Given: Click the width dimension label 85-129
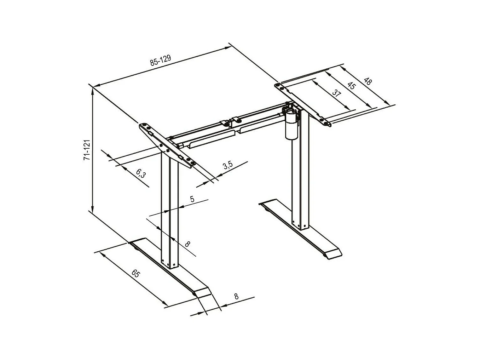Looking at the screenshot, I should tap(160, 61).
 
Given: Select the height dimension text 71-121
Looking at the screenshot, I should tap(87, 150).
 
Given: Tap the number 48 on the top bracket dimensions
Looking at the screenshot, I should tap(368, 82).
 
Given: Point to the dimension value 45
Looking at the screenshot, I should tap(351, 86).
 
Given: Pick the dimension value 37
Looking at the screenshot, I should tap(337, 93).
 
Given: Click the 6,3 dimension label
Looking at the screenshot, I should tap(140, 173).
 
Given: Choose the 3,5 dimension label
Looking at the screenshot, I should tap(227, 165).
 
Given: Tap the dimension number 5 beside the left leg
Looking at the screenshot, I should tap(192, 199).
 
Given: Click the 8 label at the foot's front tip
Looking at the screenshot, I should tap(236, 297).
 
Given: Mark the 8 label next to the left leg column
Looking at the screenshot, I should tap(187, 244).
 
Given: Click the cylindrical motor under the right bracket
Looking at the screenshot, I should tap(291, 125).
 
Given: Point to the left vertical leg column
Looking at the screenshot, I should tap(169, 212).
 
